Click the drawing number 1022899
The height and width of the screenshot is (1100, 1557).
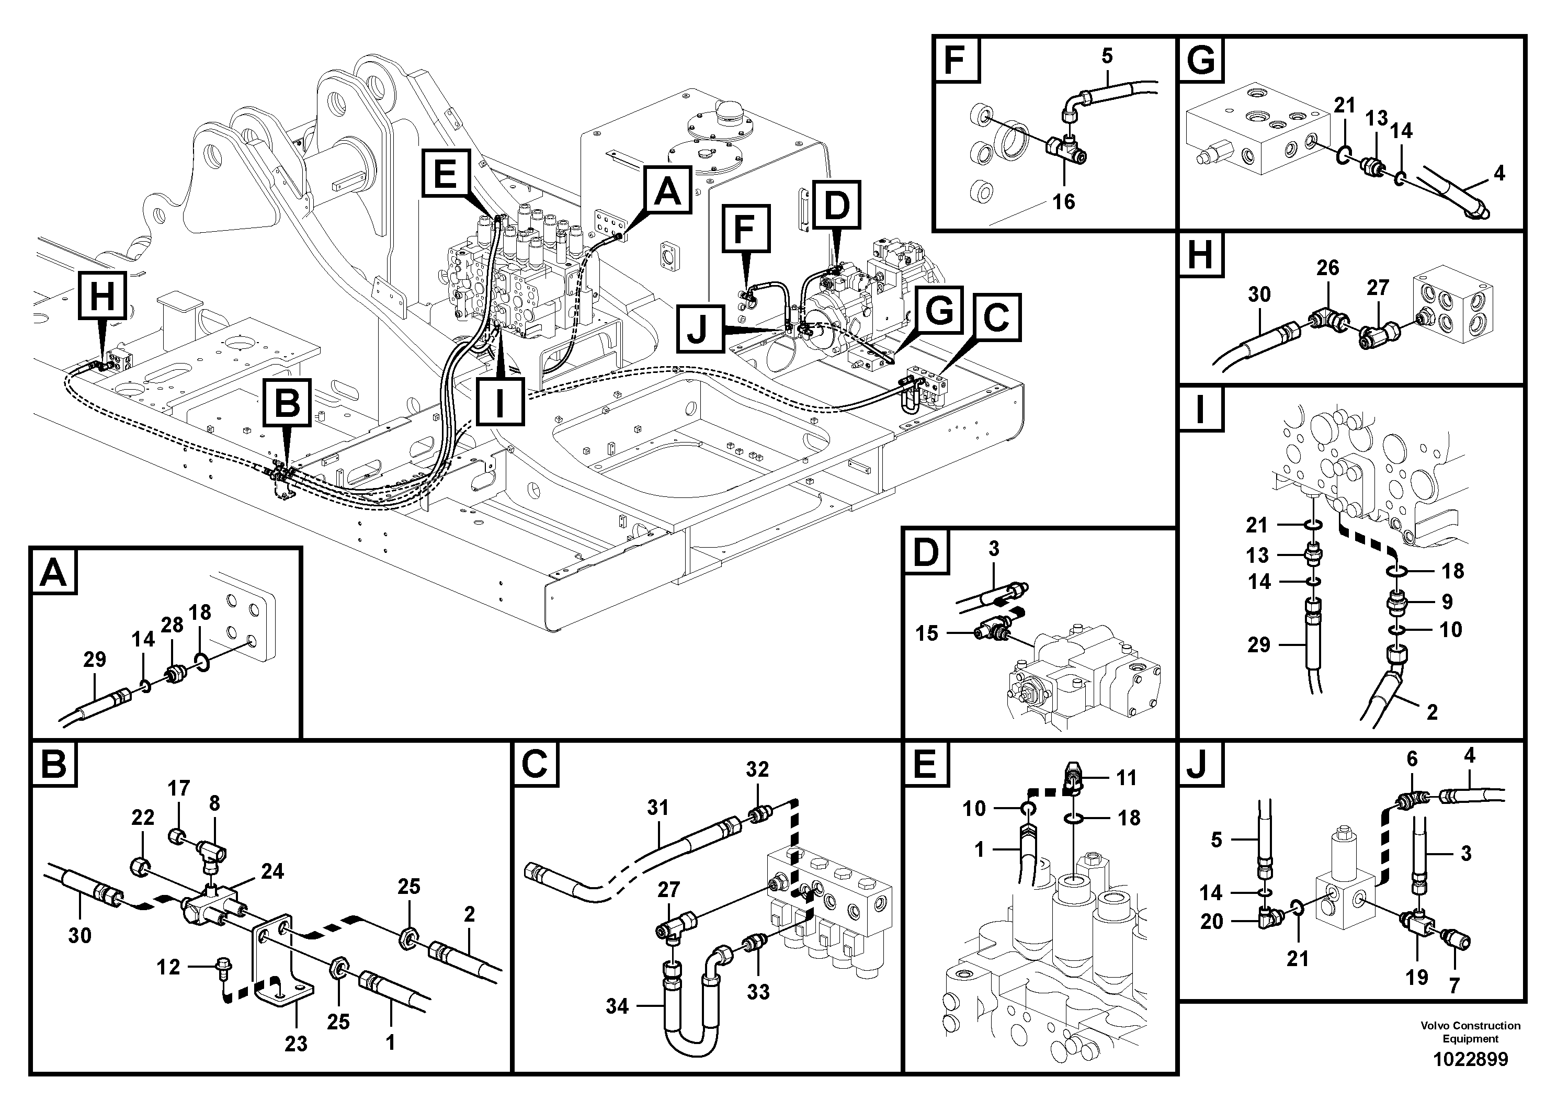click(1470, 1059)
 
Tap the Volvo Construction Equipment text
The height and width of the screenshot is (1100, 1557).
click(1470, 1031)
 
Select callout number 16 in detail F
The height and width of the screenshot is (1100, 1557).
click(1064, 201)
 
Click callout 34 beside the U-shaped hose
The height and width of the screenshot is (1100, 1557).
click(617, 1006)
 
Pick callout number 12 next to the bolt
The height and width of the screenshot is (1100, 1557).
click(168, 967)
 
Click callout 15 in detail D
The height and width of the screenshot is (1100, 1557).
click(926, 633)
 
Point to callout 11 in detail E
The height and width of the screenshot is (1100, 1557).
click(1127, 777)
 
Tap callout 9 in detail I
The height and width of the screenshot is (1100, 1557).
click(1447, 601)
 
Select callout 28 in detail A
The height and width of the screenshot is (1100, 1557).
click(172, 625)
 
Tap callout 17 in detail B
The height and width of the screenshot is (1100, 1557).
click(179, 788)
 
